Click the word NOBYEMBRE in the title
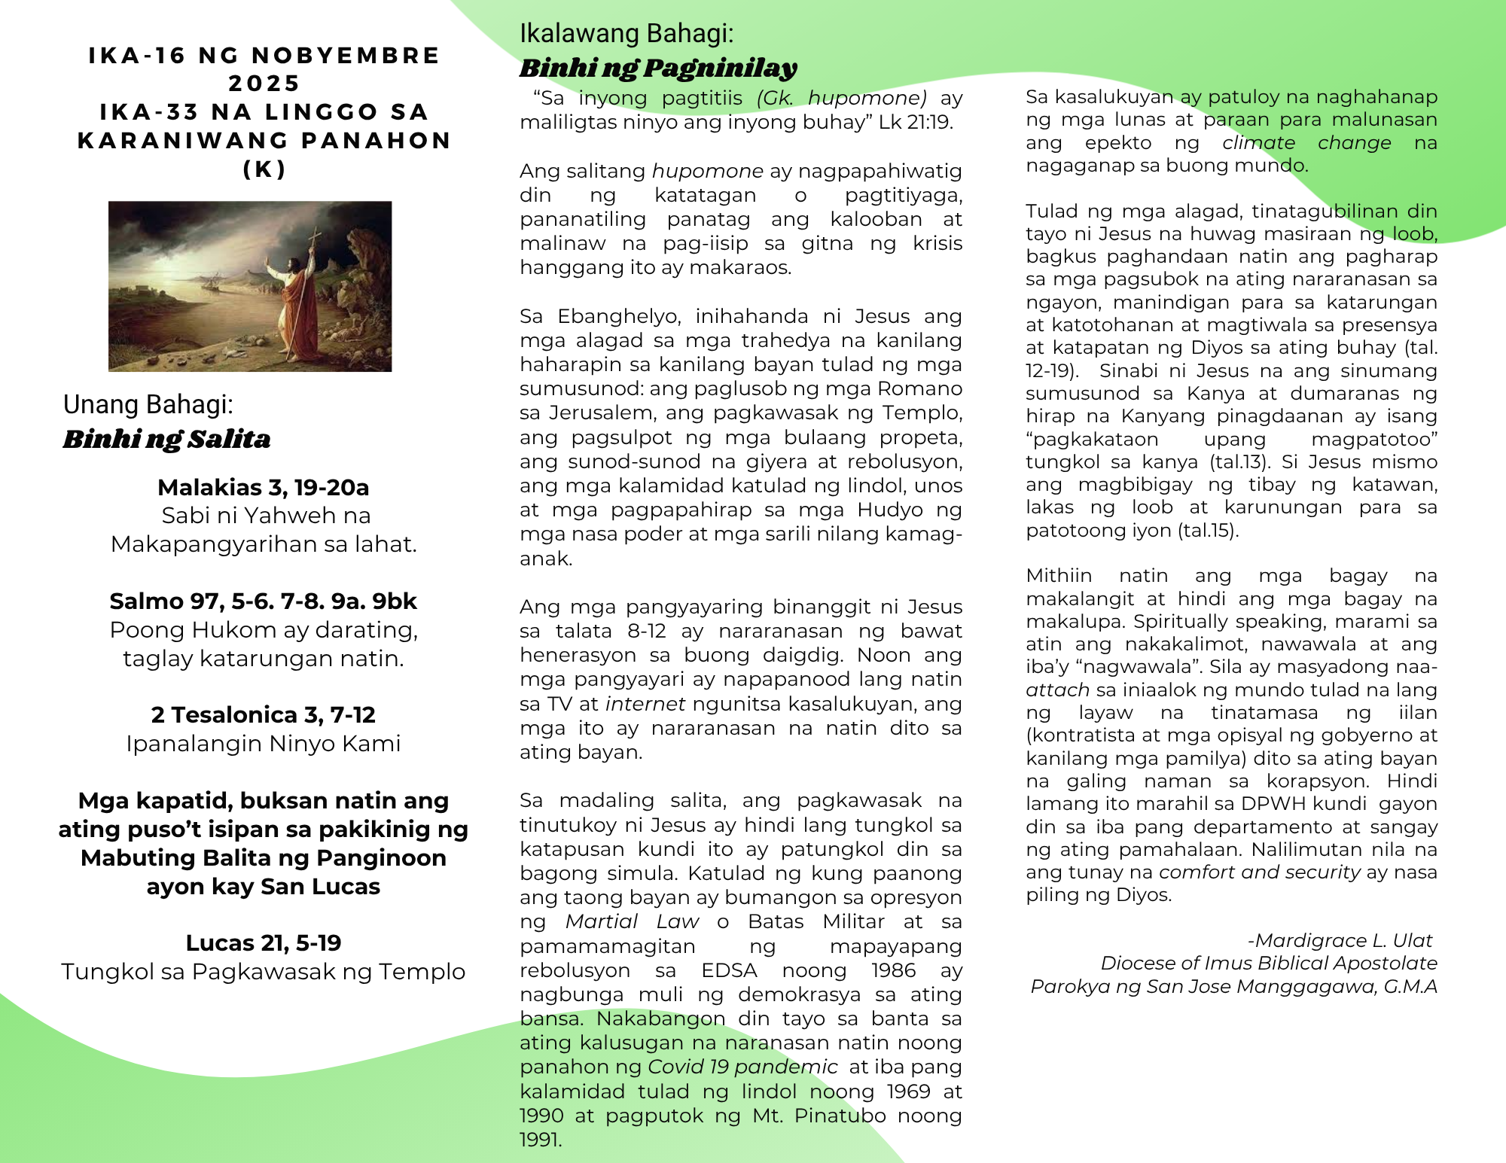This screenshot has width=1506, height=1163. [x=346, y=56]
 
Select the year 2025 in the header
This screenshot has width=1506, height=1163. [x=264, y=84]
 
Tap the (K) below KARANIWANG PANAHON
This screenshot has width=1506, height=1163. [x=264, y=169]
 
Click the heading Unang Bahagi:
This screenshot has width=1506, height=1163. [x=148, y=404]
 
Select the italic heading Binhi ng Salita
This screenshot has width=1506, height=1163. [x=166, y=439]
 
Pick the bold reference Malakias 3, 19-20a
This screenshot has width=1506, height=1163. [x=264, y=488]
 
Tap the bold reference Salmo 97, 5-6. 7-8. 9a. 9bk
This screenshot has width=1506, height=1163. [x=264, y=601]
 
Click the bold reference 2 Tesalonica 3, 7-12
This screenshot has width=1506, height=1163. [x=264, y=715]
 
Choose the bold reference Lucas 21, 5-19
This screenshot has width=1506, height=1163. [x=264, y=943]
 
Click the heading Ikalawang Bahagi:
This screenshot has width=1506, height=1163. [x=626, y=34]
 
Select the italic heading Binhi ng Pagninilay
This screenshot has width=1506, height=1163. [x=657, y=69]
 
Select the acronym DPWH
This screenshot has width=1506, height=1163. [x=1273, y=804]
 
